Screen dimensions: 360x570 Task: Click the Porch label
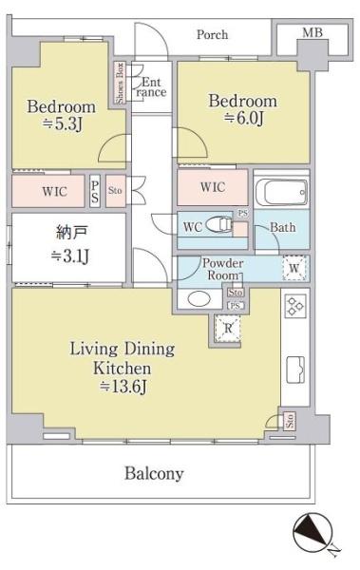click(212, 35)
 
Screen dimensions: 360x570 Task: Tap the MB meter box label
click(313, 32)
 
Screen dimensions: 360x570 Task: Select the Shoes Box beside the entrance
click(120, 83)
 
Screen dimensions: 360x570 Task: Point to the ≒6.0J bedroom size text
click(243, 119)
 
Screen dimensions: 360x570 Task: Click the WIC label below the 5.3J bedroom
click(54, 191)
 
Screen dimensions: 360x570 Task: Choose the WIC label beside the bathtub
click(213, 187)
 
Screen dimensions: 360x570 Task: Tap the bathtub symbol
click(281, 192)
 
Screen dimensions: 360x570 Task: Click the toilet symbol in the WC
click(218, 224)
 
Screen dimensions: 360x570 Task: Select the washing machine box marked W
click(294, 268)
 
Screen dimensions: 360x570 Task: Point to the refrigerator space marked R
click(228, 329)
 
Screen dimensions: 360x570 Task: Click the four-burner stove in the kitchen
click(295, 306)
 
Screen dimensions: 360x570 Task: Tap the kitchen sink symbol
click(295, 370)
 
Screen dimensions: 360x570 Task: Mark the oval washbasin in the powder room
click(199, 299)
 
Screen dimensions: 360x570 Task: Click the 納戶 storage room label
click(72, 233)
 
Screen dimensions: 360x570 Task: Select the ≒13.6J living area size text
click(123, 387)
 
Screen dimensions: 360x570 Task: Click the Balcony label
click(154, 474)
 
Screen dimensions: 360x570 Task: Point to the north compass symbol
click(313, 531)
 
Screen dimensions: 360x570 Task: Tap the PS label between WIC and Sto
click(95, 191)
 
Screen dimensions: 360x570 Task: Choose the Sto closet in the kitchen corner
click(290, 421)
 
